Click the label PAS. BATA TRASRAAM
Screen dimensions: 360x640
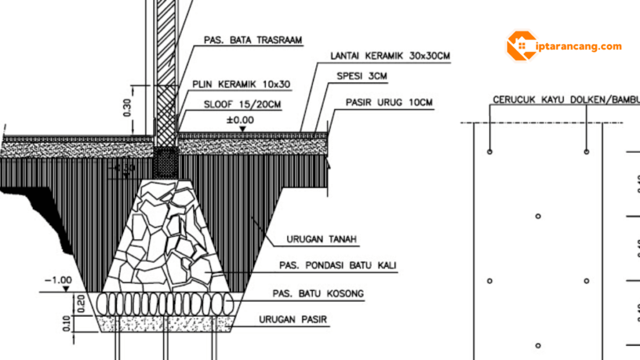pos(253,40)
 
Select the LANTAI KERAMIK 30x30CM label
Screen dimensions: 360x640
pos(391,56)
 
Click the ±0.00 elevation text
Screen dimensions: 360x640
pos(240,119)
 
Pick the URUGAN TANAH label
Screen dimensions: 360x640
pos(316,239)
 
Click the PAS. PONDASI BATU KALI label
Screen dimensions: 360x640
pos(337,266)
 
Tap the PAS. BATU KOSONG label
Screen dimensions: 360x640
pos(318,293)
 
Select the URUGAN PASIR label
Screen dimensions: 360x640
pos(293,320)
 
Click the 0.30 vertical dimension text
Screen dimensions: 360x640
pos(127,108)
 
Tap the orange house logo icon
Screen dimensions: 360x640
pos(521,46)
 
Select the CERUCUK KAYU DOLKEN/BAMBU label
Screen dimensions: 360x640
pos(566,100)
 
